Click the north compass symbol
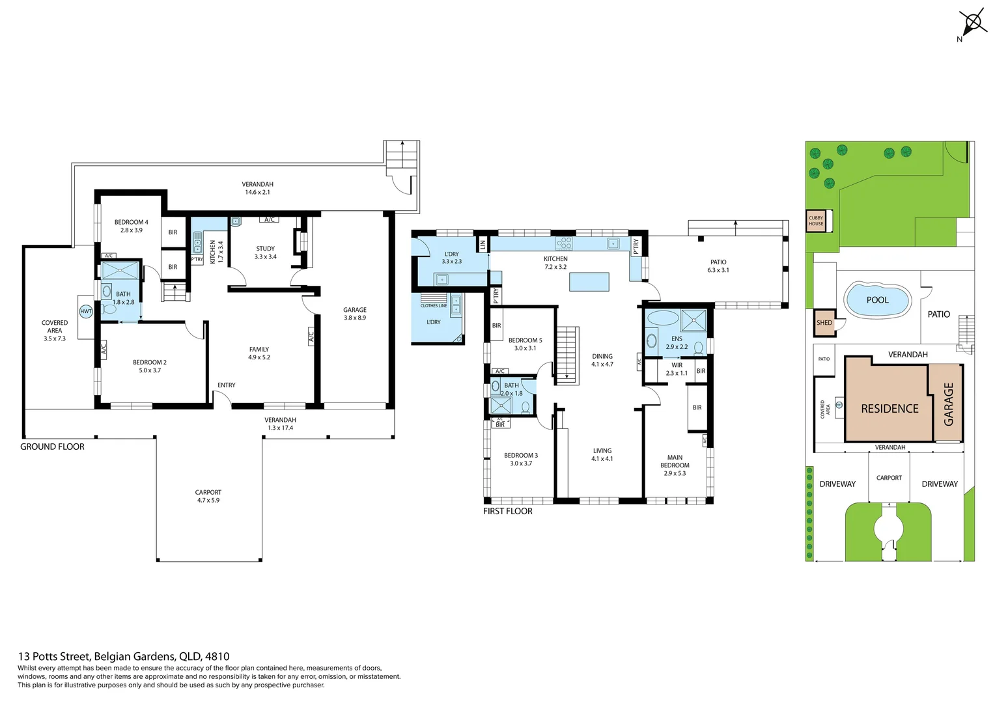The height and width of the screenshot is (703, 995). pos(973,23)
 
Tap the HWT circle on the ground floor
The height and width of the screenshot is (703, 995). pos(86,312)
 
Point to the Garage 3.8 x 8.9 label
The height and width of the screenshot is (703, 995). pos(355,314)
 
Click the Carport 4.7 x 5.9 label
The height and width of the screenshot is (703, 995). pos(208,496)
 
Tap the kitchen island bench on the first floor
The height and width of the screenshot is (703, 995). pos(589,282)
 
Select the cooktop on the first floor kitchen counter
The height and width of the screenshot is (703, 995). pos(564,243)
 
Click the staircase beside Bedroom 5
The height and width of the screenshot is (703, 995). pos(567,355)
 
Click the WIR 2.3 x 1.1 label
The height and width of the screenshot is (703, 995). pos(677,369)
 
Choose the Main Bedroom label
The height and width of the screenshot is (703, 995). pos(675,465)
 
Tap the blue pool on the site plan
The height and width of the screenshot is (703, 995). pos(877,300)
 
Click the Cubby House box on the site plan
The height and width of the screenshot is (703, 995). pos(816,221)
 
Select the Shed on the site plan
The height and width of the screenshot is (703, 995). pos(824,323)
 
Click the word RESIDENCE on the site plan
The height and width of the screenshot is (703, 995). pos(890,409)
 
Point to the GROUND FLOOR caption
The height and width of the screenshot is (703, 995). pos(52,447)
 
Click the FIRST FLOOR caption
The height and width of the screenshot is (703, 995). pos(507,511)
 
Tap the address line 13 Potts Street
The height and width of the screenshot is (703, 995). pos(124,656)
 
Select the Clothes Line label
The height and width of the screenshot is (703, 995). pos(434,305)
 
